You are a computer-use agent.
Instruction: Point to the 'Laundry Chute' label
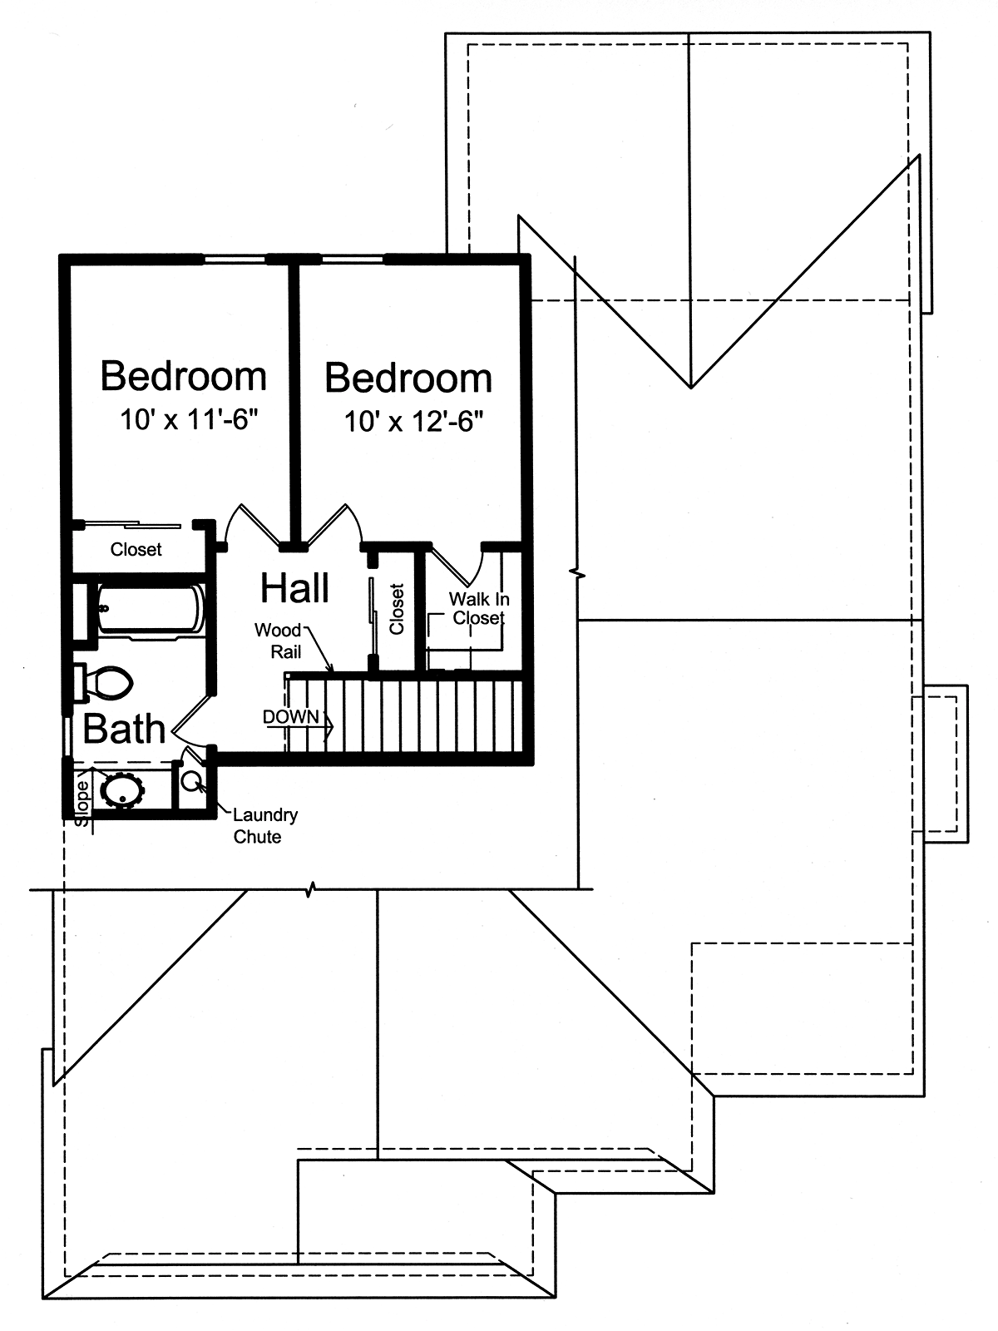[x=265, y=825]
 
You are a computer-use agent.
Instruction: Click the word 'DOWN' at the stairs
[x=290, y=717]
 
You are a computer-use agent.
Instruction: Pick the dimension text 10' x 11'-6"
[x=189, y=419]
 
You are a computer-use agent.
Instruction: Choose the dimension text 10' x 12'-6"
[x=414, y=421]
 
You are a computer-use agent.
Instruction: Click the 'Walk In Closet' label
[x=479, y=608]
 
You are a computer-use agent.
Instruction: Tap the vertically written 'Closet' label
[x=397, y=610]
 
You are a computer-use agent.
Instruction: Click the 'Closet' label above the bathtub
[x=136, y=549]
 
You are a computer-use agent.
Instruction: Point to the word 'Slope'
[x=82, y=802]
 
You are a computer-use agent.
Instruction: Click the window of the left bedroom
[x=235, y=260]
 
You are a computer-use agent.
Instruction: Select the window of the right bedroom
[x=353, y=260]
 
